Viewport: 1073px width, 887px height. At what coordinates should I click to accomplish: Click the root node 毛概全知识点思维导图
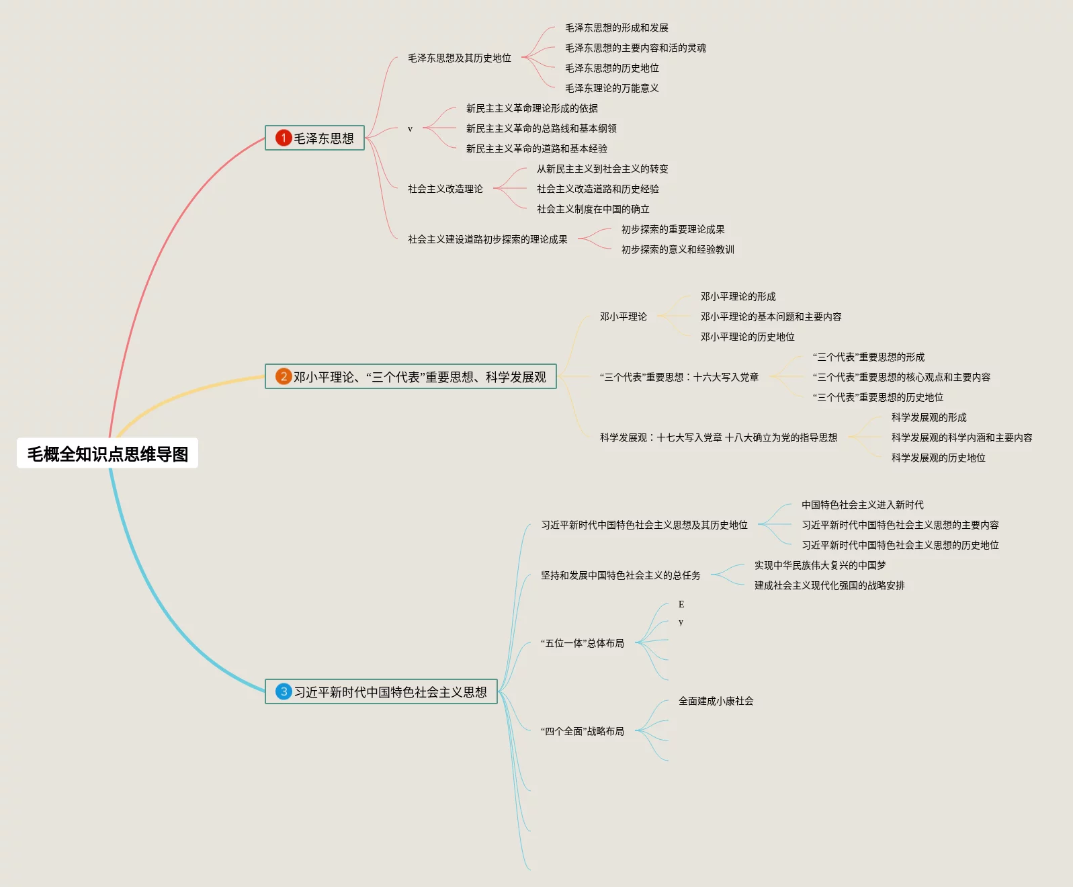108,454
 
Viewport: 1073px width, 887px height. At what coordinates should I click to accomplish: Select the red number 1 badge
284,138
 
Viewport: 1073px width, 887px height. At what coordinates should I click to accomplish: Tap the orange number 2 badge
284,376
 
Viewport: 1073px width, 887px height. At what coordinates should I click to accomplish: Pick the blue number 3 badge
284,691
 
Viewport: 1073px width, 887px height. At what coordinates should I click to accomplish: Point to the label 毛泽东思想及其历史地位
460,58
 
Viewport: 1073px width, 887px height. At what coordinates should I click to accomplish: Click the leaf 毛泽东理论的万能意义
611,88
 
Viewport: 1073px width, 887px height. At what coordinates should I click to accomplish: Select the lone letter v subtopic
410,129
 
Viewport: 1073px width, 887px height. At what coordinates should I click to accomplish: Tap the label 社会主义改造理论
445,189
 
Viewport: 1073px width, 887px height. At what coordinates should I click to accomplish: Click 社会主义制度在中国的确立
593,209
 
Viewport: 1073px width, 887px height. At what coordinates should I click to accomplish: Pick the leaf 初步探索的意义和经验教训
677,249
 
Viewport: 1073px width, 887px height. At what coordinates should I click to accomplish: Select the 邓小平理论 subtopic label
623,316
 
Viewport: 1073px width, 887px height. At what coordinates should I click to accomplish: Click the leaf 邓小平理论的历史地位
747,337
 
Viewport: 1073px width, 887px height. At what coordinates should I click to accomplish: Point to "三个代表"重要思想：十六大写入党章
679,377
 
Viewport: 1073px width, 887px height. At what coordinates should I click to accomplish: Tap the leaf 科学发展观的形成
929,417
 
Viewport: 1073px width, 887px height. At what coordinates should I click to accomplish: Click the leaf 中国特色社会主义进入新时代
862,505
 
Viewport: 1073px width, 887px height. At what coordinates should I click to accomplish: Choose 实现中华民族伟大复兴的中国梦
820,565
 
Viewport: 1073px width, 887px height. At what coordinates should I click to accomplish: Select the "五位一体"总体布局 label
583,643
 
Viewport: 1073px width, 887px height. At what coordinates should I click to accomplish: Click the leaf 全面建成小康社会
716,701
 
